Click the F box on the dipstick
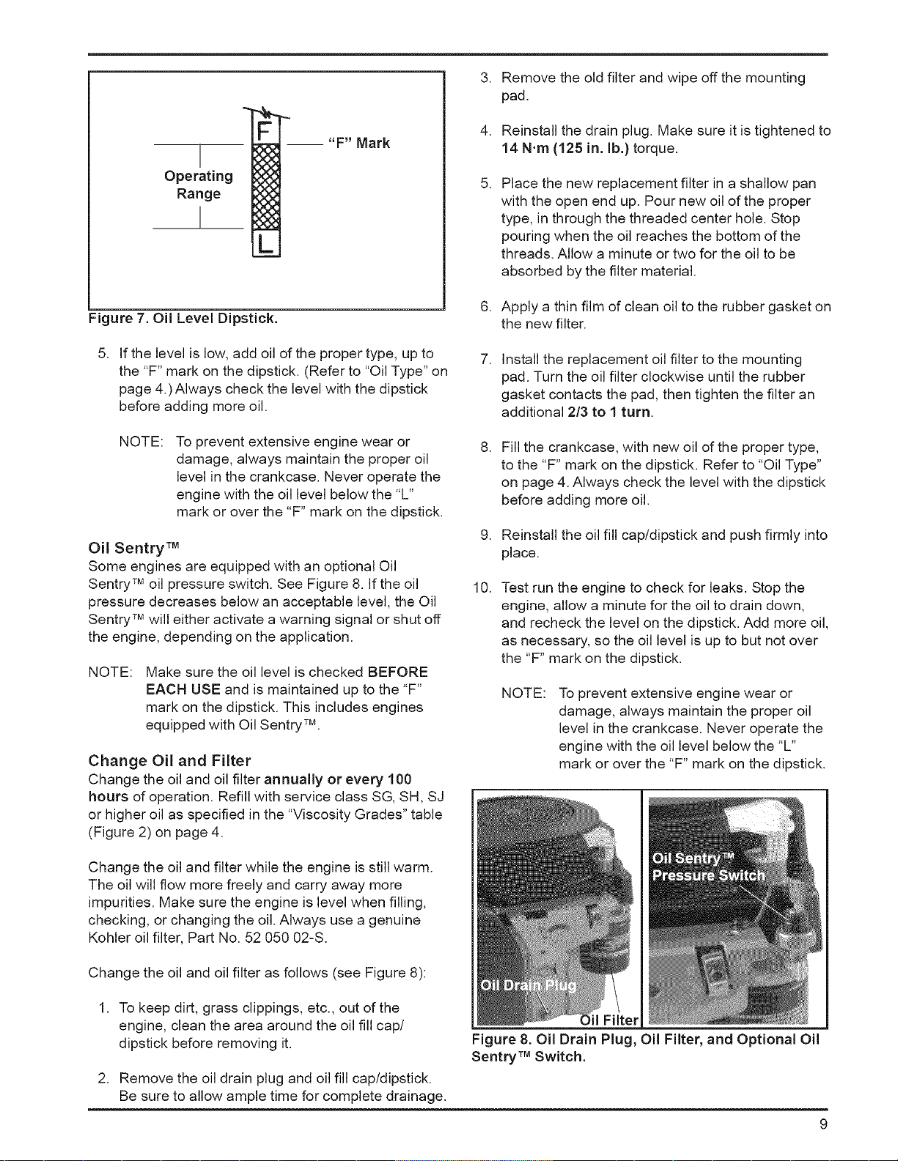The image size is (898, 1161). pos(265,130)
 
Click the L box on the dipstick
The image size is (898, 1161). pos(265,244)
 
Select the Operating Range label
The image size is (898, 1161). pos(199,185)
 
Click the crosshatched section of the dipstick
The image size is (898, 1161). pos(265,187)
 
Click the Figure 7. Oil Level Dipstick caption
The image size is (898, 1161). pos(183,319)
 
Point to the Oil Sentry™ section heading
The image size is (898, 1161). pos(133,548)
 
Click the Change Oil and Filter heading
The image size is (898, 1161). pos(169,760)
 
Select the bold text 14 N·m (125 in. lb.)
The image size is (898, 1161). pos(565,148)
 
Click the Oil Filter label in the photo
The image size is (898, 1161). pos(609,1020)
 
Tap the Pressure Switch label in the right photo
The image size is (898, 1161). pos(709,875)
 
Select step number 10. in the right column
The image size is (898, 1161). pos(483,587)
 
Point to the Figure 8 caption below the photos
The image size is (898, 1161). pos(645,1047)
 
